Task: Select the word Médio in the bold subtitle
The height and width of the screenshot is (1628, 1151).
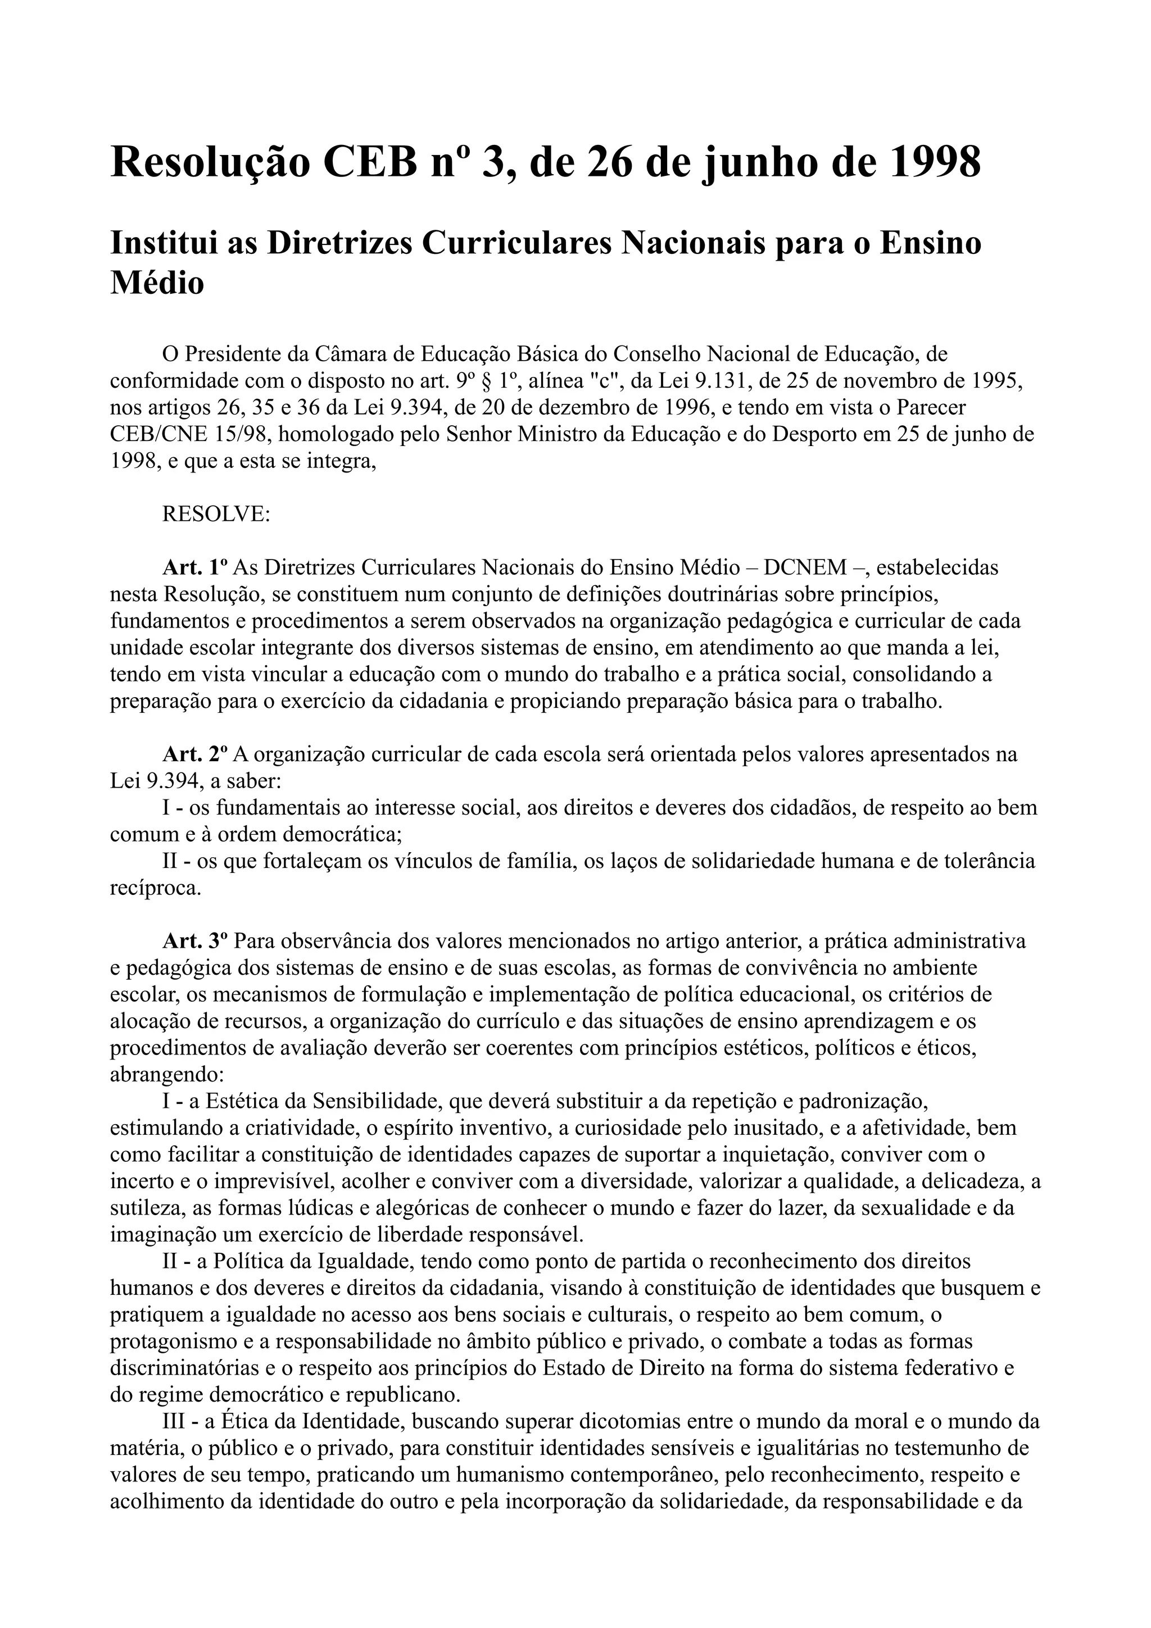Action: click(x=157, y=283)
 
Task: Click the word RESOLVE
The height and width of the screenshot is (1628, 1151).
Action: click(x=216, y=513)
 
